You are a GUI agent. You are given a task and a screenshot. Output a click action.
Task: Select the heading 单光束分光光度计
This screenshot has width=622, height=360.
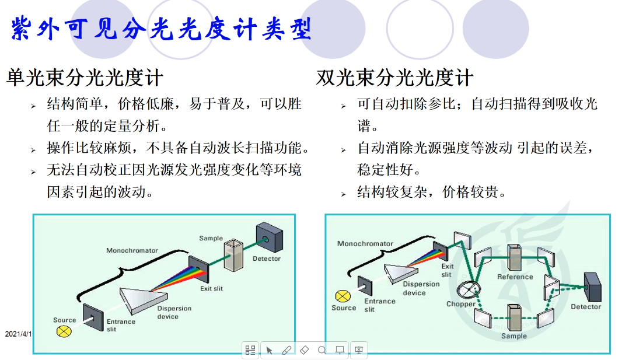click(85, 78)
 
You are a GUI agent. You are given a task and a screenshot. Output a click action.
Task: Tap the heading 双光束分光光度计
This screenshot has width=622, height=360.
click(395, 78)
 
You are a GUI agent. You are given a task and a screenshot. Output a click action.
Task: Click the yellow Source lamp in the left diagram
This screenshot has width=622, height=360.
click(63, 331)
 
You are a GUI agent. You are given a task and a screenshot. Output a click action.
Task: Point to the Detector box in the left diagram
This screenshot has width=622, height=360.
click(269, 237)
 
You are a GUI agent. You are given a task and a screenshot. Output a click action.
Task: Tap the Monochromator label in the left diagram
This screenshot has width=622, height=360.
click(132, 250)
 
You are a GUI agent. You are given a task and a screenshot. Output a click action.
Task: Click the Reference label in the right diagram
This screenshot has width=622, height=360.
click(515, 277)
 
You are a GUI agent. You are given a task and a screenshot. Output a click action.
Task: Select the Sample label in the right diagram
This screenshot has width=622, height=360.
click(513, 335)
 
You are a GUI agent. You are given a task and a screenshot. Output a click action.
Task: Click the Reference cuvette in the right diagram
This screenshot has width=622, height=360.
click(515, 256)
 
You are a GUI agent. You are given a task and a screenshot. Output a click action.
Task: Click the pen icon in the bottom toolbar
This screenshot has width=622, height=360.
click(286, 350)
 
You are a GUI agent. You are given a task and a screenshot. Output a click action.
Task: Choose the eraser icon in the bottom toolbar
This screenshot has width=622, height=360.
click(304, 350)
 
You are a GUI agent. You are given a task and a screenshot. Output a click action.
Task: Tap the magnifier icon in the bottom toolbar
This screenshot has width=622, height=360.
click(322, 350)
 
